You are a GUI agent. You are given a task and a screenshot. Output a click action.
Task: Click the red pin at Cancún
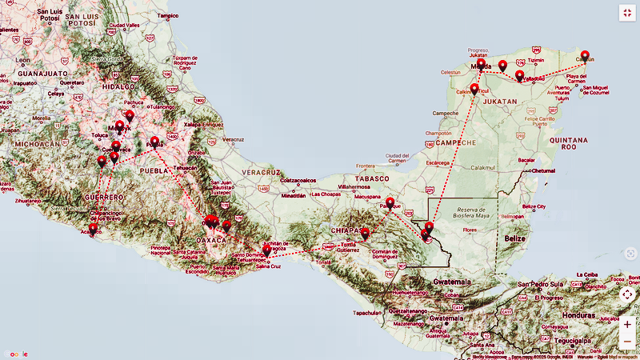click(x=585, y=56)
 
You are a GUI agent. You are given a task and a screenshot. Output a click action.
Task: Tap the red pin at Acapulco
click(x=93, y=230)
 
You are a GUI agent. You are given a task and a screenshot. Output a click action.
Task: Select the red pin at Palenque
click(x=390, y=203)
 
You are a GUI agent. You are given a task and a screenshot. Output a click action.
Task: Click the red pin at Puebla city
click(x=154, y=143)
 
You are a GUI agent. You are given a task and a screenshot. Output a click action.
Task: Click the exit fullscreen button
click(x=626, y=13)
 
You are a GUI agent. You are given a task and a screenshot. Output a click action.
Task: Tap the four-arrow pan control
click(x=626, y=294)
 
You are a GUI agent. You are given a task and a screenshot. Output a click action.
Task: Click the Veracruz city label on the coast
click(x=234, y=139)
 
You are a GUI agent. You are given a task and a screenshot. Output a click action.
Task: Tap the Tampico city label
click(x=168, y=15)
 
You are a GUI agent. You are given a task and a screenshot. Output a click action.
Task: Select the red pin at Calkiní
click(x=474, y=90)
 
